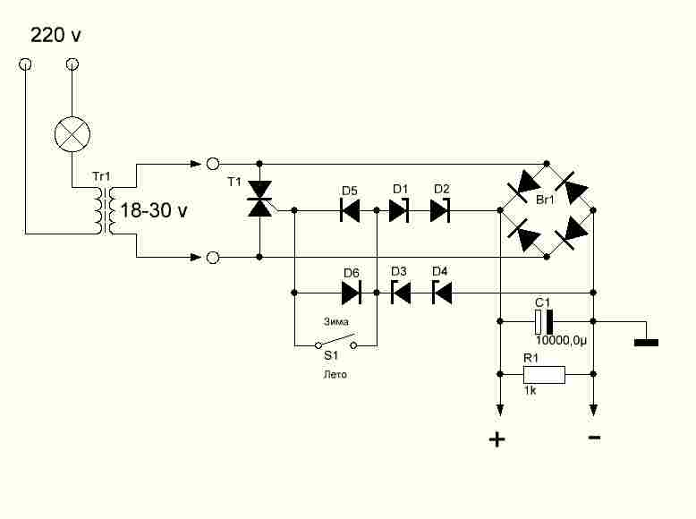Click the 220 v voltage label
point(55,35)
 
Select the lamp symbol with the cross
point(72,134)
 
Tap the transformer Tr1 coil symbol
point(105,210)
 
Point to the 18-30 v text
point(154,210)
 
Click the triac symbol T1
point(259,199)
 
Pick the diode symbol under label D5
point(350,210)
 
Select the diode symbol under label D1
point(399,210)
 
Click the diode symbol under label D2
point(440,210)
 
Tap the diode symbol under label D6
point(352,293)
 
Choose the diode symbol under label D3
point(401,293)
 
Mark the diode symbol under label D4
point(442,293)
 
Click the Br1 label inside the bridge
point(545,200)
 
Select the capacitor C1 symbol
point(544,321)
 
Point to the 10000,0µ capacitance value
point(561,341)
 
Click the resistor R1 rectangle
point(544,375)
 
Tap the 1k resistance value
point(530,391)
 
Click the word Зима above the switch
point(336,321)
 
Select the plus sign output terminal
point(497,439)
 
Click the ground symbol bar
point(646,343)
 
